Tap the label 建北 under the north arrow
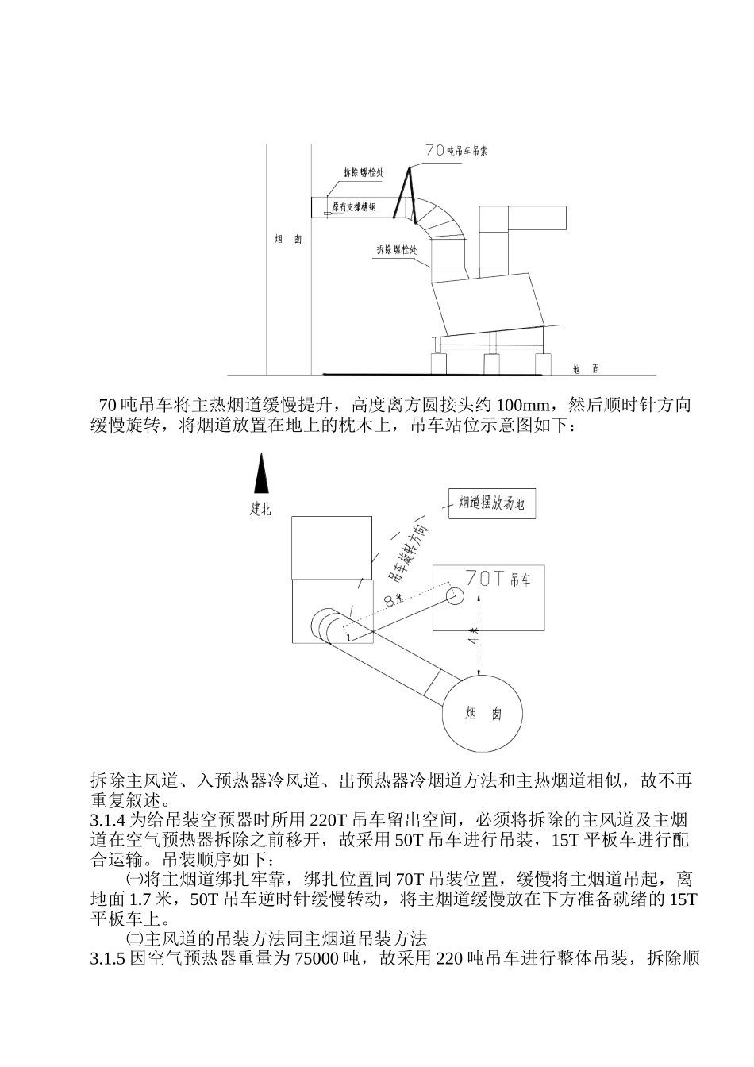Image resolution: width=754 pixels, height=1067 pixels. click(260, 509)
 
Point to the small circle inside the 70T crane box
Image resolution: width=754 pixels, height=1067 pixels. click(456, 595)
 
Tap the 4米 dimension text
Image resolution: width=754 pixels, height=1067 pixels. click(474, 635)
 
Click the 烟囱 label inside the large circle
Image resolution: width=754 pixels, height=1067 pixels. click(483, 714)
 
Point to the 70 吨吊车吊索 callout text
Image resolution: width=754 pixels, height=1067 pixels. click(456, 149)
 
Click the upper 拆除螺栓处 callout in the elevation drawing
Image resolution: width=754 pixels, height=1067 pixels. click(364, 171)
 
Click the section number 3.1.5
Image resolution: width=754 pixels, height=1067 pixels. click(108, 958)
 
